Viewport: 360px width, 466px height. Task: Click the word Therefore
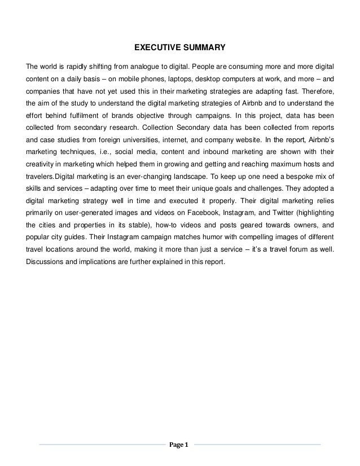[x=317, y=91]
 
